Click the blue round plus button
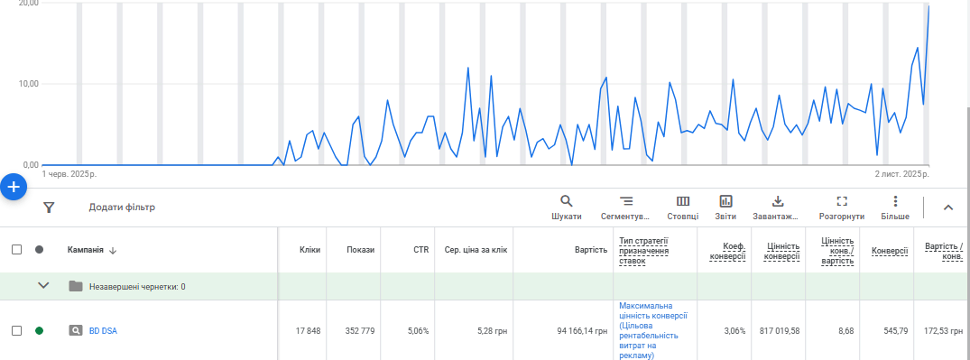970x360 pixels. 14,187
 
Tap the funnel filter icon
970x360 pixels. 50,208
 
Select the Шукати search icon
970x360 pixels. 566,201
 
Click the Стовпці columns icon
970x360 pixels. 683,201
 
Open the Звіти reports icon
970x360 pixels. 725,201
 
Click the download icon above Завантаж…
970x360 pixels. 778,201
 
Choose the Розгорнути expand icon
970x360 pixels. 841,201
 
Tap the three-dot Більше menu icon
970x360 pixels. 895,201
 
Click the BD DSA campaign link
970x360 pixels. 103,331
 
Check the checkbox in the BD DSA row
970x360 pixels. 17,331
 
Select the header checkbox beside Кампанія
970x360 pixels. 17,250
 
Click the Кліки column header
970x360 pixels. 309,250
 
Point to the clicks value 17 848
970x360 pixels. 307,331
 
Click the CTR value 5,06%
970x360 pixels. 418,331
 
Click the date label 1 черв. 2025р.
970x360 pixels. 69,174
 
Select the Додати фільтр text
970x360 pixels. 122,208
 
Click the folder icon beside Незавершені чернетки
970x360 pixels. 76,286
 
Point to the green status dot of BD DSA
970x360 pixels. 40,331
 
